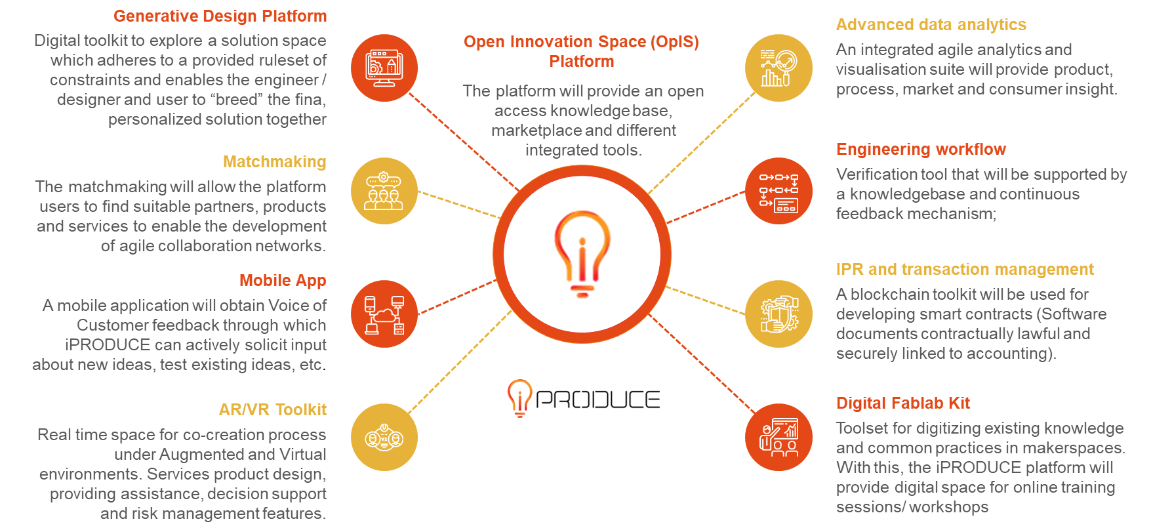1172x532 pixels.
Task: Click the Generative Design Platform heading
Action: tap(220, 16)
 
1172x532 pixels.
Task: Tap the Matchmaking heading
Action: tap(274, 161)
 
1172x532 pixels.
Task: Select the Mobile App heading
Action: tap(283, 280)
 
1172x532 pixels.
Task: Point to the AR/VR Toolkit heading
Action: tap(272, 409)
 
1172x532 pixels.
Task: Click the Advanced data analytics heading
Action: tap(931, 25)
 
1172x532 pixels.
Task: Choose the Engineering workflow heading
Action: tap(920, 150)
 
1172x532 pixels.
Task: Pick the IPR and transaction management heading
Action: tap(964, 270)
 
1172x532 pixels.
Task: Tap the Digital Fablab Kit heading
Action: tap(902, 403)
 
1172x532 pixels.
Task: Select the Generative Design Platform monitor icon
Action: tap(384, 68)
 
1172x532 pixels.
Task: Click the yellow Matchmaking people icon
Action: tap(384, 191)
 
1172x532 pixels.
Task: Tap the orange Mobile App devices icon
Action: tap(384, 314)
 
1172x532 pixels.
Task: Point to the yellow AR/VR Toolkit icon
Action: tap(384, 438)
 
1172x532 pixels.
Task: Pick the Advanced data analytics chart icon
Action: tap(778, 68)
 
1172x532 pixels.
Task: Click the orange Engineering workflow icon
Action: tap(778, 191)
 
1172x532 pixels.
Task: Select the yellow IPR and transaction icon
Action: tap(778, 314)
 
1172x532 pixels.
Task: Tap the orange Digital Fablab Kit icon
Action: tap(778, 438)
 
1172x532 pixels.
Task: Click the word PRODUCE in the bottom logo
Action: tap(597, 399)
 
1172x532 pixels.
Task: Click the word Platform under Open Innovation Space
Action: tap(581, 61)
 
